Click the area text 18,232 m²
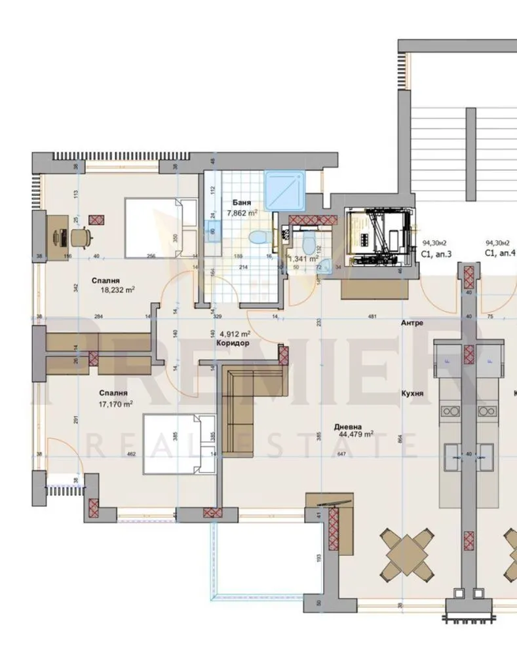click(x=117, y=289)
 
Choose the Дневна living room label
click(x=348, y=424)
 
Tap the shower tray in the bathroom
click(x=286, y=190)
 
